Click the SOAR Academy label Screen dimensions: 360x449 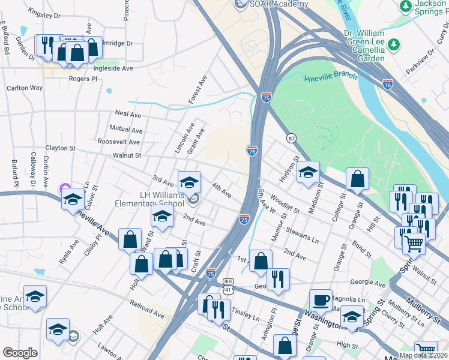point(279,4)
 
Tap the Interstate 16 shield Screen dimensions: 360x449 point(388,85)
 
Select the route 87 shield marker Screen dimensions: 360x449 point(291,138)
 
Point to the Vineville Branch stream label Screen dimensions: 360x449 point(330,77)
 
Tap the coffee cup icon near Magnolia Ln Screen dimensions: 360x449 point(321,299)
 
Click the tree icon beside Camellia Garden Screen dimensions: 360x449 point(394,44)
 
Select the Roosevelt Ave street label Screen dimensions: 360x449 point(118,142)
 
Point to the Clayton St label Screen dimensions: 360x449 point(61,148)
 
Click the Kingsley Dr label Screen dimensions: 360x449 point(46,12)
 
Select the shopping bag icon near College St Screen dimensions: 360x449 point(357,178)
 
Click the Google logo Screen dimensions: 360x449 point(20,353)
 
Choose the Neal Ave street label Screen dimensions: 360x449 point(128,114)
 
